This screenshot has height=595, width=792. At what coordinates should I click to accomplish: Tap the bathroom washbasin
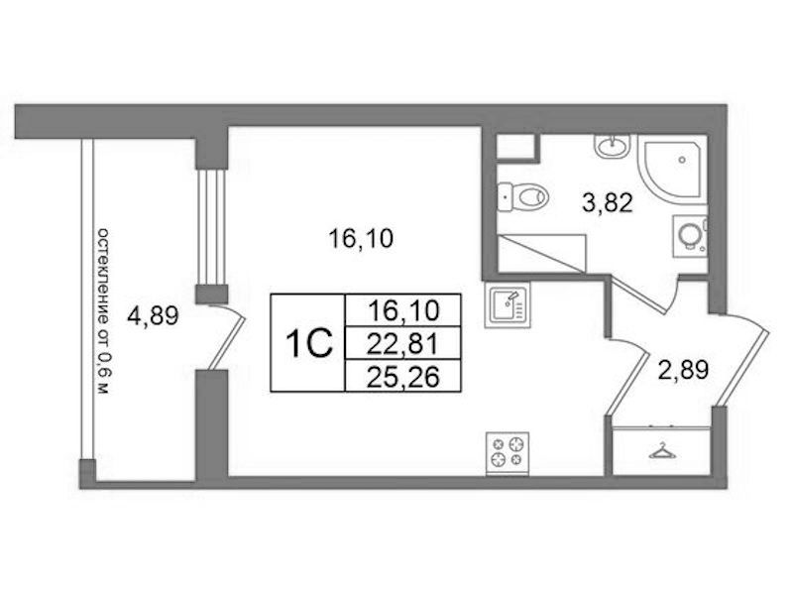pos(613,146)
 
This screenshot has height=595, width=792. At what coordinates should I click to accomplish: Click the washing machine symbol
pos(690,235)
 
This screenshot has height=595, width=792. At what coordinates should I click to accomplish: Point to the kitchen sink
pos(508,304)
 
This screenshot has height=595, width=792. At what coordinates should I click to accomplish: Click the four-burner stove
pos(508,453)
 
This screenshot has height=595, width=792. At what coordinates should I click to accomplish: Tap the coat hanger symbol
pos(661,451)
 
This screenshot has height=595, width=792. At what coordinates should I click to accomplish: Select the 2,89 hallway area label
pos(683,370)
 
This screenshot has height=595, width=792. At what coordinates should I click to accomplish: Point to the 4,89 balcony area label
pos(153,316)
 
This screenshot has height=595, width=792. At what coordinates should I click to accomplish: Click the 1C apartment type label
pos(309,343)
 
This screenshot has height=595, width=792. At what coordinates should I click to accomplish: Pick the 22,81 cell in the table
pos(402,344)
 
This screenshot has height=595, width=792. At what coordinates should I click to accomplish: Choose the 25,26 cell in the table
pos(402,376)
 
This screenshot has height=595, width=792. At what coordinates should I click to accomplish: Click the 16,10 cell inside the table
pos(402,310)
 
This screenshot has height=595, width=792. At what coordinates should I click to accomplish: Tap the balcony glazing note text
pos(103,311)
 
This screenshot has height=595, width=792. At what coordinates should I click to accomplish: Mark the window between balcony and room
pos(211,227)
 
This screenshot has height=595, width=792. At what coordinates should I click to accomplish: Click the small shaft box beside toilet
pos(515,146)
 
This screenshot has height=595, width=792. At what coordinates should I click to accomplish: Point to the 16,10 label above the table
pos(360,239)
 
